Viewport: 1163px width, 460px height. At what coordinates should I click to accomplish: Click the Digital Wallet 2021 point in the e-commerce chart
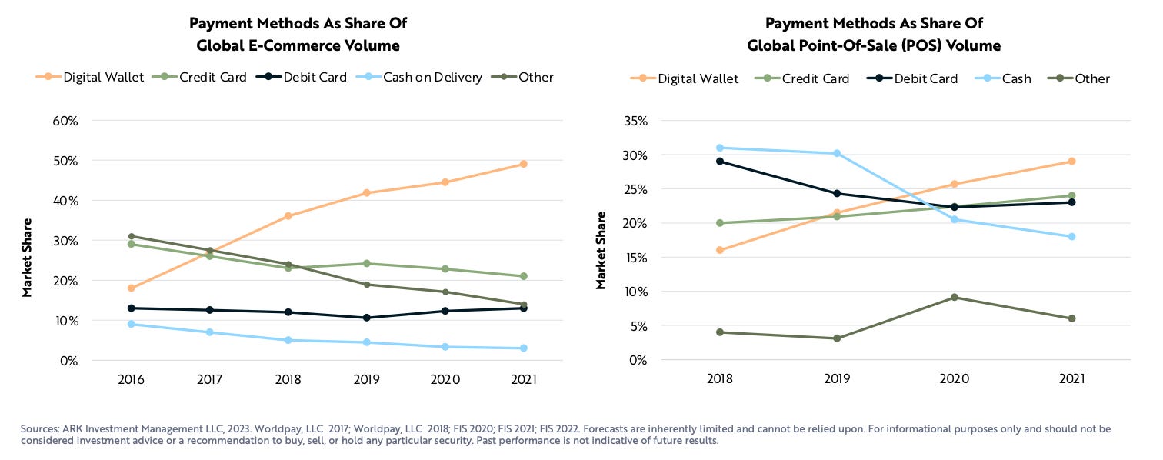[x=523, y=164]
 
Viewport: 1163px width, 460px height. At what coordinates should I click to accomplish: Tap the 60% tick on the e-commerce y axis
[x=64, y=121]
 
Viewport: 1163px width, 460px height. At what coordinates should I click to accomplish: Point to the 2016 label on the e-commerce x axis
[x=132, y=379]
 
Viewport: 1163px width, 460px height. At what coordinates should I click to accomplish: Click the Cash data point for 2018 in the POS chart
[x=720, y=148]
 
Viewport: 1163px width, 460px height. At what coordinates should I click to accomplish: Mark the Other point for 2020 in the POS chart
[x=955, y=297]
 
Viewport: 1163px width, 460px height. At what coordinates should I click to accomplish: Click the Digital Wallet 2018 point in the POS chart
[x=720, y=250]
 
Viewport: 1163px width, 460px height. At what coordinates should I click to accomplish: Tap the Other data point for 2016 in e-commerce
[x=132, y=236]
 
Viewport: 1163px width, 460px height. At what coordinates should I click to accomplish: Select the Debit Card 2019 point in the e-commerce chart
[x=367, y=318]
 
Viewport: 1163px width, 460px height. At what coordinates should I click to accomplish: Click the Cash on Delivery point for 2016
[x=132, y=324]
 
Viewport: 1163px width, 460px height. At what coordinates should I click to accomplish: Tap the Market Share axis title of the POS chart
[x=602, y=250]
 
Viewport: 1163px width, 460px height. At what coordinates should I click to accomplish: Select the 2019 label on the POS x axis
[x=837, y=379]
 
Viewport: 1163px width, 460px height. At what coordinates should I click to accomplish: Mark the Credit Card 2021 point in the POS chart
[x=1071, y=195]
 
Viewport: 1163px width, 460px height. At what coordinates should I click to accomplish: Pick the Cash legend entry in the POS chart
[x=1014, y=78]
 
